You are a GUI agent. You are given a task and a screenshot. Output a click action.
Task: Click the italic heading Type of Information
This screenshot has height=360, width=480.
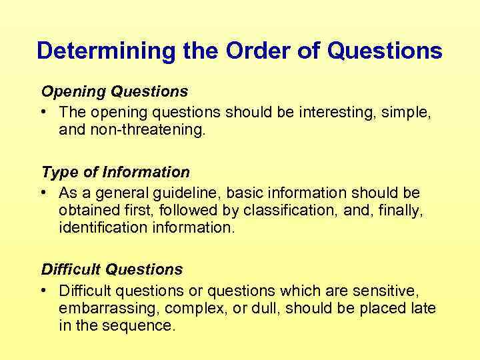point(115,172)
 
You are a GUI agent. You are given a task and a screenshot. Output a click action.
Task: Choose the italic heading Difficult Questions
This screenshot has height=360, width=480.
point(112,269)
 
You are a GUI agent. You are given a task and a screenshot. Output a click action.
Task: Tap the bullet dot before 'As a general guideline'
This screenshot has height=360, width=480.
point(44,193)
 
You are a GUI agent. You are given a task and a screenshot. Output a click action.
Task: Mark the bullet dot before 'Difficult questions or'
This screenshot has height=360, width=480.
point(44,291)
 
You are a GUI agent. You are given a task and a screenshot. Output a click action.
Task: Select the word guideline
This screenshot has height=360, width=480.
point(190,193)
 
